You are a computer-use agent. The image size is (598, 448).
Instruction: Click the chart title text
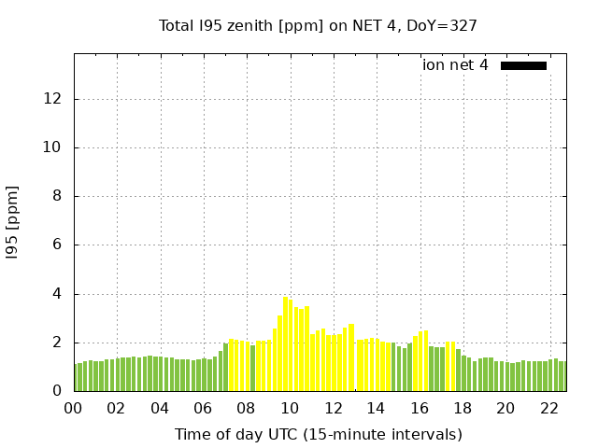click(x=318, y=25)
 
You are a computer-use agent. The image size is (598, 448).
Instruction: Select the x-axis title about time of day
click(x=318, y=434)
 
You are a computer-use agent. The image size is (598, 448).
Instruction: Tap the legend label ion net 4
click(x=455, y=65)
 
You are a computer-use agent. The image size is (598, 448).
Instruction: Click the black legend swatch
click(x=523, y=65)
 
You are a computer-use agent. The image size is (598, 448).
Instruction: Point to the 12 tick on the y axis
click(x=55, y=99)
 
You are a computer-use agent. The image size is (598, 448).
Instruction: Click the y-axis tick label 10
click(x=55, y=147)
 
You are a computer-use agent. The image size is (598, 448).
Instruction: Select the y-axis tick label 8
click(x=59, y=196)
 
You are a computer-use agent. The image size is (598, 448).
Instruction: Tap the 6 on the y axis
click(x=59, y=245)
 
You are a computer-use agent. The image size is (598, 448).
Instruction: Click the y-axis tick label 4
click(x=59, y=294)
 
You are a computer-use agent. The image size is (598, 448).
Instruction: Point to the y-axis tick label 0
click(x=59, y=391)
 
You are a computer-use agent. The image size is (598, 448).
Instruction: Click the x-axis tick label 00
click(x=74, y=408)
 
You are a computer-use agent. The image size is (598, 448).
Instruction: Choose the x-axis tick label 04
click(x=160, y=408)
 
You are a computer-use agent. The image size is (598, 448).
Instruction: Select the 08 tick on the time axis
click(x=246, y=408)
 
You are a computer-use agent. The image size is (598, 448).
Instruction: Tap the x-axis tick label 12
click(x=333, y=408)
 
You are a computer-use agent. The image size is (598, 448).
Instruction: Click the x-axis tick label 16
click(x=419, y=408)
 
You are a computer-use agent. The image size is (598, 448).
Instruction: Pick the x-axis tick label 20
click(x=505, y=408)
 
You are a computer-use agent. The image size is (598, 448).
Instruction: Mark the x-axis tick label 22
click(x=548, y=408)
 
